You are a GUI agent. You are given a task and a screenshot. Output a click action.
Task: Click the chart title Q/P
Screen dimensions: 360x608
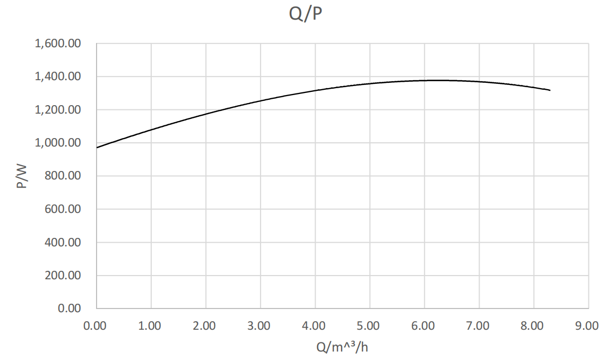pos(305,14)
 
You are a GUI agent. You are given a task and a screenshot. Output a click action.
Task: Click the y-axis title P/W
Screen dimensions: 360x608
pos(22,176)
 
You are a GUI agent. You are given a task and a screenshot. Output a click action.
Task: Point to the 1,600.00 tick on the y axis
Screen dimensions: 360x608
pos(58,44)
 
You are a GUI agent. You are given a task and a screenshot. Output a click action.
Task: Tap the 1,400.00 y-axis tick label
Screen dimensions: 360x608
pos(58,77)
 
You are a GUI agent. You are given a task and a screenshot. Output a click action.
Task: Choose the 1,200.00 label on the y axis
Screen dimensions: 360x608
pos(58,110)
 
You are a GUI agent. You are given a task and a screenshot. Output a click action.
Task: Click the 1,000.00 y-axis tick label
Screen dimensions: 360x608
pos(58,143)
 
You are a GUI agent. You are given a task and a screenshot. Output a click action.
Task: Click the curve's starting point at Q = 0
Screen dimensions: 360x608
pos(97,148)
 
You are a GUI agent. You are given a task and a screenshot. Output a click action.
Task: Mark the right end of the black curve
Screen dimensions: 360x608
pos(550,90)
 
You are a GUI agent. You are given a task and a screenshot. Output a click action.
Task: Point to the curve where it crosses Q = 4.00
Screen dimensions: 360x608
pos(315,90)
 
